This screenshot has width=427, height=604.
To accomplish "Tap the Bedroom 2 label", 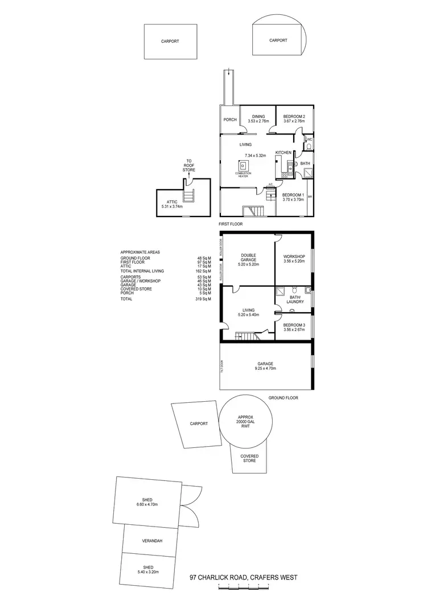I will pos(294,117).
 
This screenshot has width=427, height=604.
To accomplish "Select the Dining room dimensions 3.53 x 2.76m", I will pos(259,121).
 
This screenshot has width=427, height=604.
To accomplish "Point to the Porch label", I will pos(230,120).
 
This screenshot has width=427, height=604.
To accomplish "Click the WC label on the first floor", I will pos(309,139).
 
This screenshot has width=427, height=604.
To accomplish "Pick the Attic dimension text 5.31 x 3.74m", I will pos(174,206).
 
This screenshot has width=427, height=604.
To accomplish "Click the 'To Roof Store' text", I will pos(188,166).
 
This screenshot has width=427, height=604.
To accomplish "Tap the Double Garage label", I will pos(248,258).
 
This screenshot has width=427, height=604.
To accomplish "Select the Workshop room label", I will pos(294,256).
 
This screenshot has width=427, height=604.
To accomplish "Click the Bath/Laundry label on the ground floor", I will pos(294,299).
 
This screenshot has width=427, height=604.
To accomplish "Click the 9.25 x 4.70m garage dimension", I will pos(265,368).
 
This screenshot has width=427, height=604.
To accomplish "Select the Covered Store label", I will pos(249,458).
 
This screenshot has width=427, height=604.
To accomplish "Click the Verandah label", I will pos(152,540).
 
